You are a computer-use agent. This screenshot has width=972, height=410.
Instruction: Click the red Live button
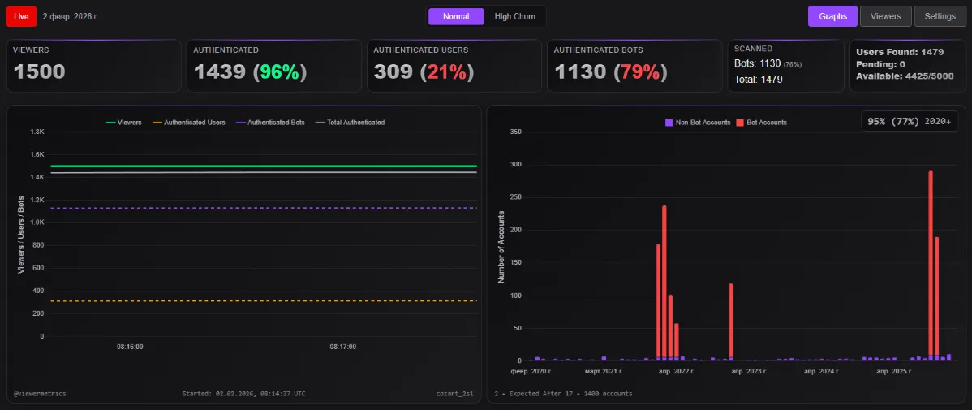point(21,16)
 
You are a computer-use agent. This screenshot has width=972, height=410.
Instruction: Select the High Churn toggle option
point(514,16)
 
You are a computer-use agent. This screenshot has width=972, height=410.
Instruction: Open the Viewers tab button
point(885,16)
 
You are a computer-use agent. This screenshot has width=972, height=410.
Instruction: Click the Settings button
point(940,16)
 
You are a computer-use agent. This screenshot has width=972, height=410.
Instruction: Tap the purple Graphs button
point(832,16)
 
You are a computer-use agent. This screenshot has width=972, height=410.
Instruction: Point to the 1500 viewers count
point(40,71)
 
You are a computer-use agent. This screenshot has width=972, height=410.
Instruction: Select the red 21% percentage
point(446,71)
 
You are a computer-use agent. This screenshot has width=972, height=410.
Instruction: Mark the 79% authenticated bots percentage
point(639,71)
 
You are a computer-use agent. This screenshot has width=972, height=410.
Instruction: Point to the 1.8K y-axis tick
point(37,132)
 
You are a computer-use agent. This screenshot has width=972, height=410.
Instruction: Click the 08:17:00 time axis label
point(342,347)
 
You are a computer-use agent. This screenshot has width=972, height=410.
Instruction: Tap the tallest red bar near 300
point(931,264)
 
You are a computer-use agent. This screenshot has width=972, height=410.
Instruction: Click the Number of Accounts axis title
point(501,246)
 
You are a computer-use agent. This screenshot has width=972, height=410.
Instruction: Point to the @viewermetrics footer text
point(40,394)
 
